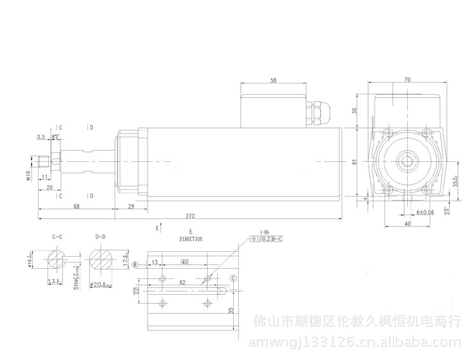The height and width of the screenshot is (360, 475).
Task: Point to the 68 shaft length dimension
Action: [76, 207]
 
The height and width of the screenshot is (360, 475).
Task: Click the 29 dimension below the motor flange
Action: [130, 207]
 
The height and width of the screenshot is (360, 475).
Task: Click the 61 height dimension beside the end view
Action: [356, 162]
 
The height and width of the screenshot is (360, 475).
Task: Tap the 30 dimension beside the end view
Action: [356, 110]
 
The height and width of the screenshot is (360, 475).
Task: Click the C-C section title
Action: [57, 236]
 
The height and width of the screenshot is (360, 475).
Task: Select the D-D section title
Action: [99, 236]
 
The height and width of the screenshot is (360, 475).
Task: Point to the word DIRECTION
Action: [191, 240]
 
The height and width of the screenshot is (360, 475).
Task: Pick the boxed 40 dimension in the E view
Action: [185, 261]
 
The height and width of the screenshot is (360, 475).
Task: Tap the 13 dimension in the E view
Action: [155, 261]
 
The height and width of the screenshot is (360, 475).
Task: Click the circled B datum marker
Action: [135, 264]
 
